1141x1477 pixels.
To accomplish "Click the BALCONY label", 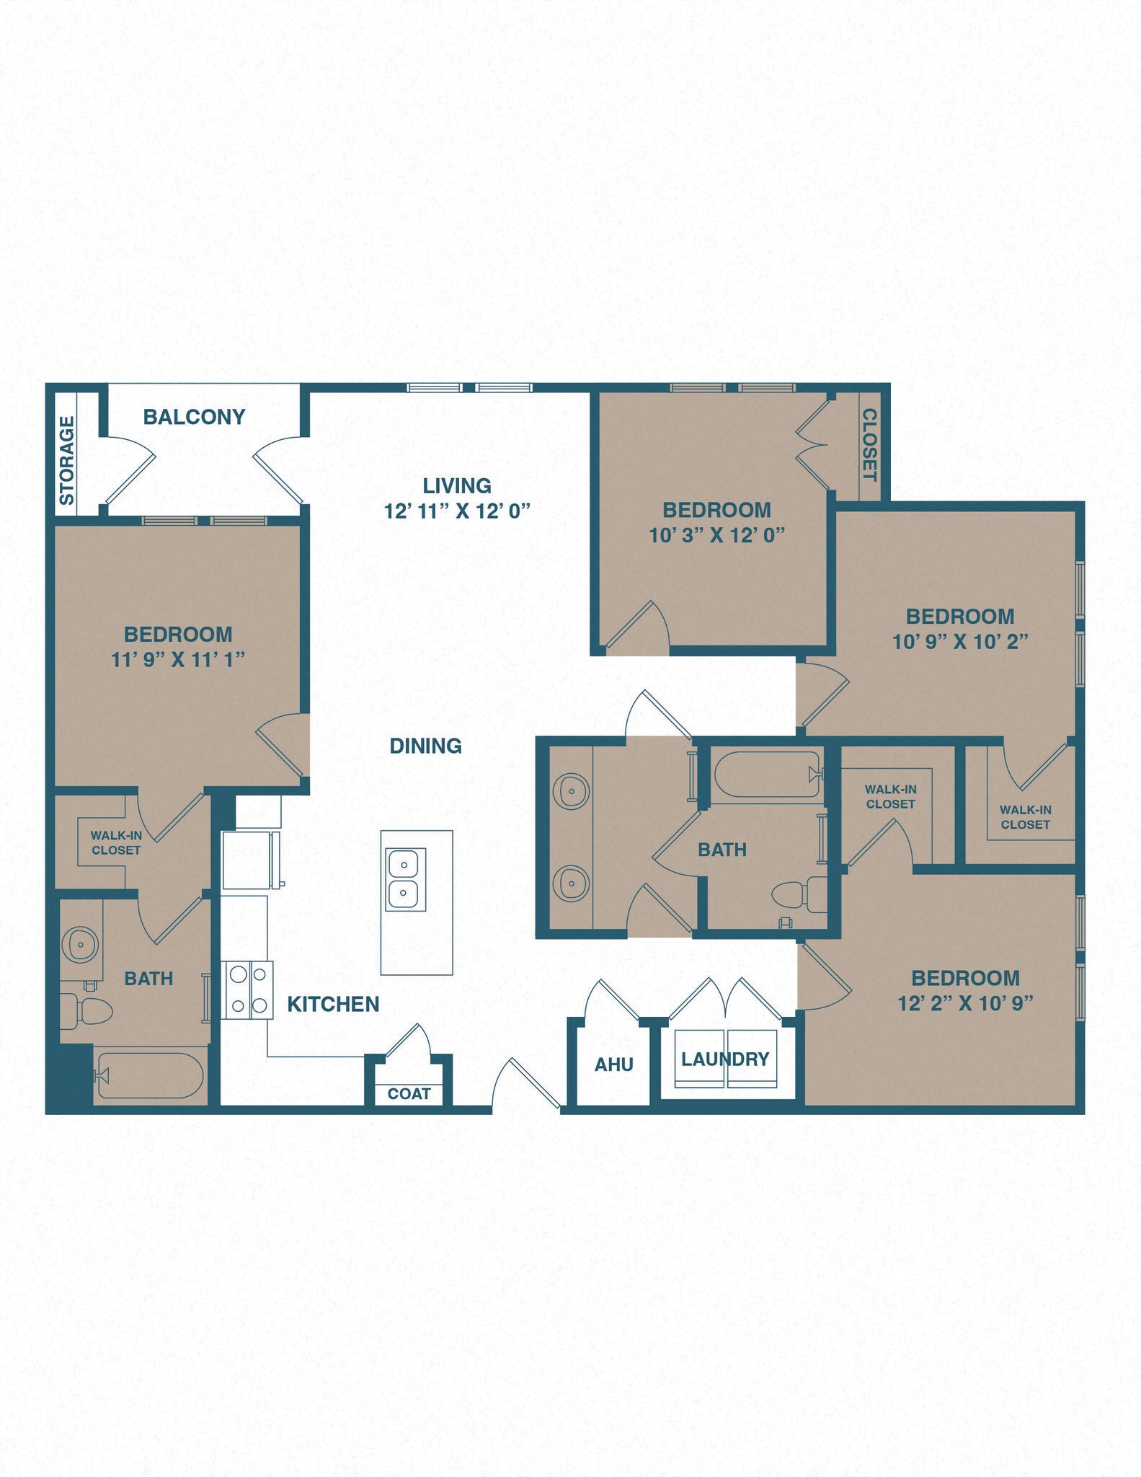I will [194, 417].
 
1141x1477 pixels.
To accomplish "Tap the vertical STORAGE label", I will [67, 461].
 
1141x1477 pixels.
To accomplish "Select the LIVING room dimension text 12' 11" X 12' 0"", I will [457, 511].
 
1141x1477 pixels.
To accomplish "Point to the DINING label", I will [425, 746].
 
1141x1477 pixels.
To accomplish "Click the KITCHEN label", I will [333, 1004].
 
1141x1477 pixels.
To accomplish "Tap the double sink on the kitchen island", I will [406, 878].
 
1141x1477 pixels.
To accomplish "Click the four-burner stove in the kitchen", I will [247, 990].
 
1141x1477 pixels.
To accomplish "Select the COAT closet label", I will [409, 1093].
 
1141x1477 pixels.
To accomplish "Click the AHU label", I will [614, 1064].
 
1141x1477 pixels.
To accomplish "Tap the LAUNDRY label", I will [725, 1059].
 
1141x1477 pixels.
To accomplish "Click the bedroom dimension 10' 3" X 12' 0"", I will [716, 534].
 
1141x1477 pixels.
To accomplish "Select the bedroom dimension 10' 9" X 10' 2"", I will [959, 641].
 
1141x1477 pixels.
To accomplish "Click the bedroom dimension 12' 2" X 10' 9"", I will [965, 1003].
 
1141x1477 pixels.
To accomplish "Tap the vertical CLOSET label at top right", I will [870, 445].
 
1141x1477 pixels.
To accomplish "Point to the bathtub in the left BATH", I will [150, 1076].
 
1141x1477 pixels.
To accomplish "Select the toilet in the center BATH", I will [799, 895].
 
